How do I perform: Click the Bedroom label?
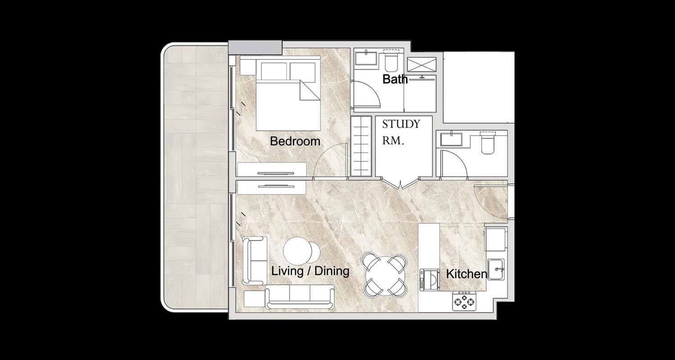pyautogui.click(x=295, y=141)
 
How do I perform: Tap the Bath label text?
pyautogui.click(x=395, y=79)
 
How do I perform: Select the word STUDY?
pyautogui.click(x=401, y=124)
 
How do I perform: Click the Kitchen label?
pyautogui.click(x=467, y=274)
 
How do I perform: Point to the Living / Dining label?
pyautogui.click(x=310, y=271)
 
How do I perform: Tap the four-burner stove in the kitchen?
pyautogui.click(x=464, y=301)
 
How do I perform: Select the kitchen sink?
pyautogui.click(x=496, y=269)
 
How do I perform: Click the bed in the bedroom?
pyautogui.click(x=288, y=94)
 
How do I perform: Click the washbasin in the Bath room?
pyautogui.click(x=366, y=58)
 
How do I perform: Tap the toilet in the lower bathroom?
pyautogui.click(x=488, y=143)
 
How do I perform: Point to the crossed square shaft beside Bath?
pyautogui.click(x=422, y=64)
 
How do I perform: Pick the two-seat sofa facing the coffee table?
pyautogui.click(x=255, y=261)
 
